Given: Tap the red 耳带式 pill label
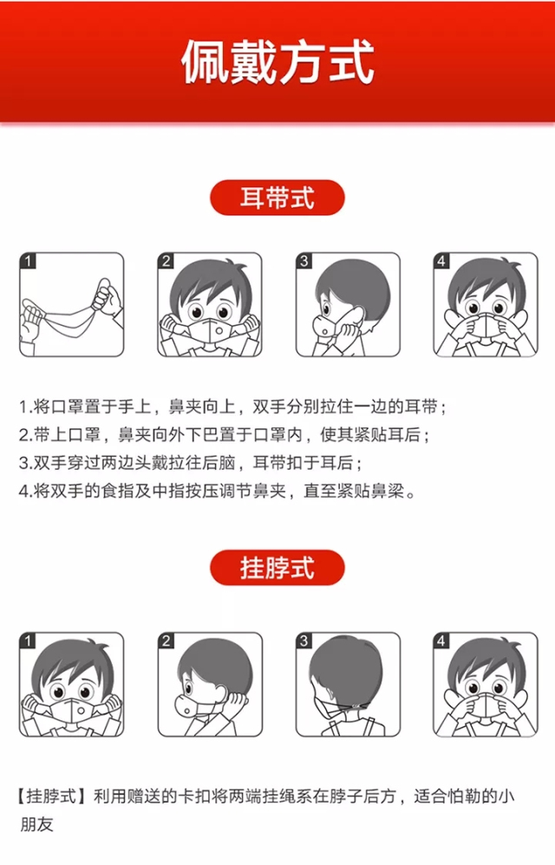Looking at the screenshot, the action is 277,198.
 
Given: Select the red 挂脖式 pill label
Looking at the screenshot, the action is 277,568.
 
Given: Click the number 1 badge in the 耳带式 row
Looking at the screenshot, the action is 28,261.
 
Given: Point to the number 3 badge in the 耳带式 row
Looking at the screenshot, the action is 304,261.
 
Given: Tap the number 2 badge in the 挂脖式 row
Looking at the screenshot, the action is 166,641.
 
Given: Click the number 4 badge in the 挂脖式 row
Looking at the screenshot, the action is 441,641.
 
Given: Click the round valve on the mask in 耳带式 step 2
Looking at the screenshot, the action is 219,330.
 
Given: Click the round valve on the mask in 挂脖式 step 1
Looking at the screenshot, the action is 81,712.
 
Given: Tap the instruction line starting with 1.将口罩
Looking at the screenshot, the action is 232,406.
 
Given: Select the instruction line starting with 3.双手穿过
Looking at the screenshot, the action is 190,462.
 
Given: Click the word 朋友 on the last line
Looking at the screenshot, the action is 36,823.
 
